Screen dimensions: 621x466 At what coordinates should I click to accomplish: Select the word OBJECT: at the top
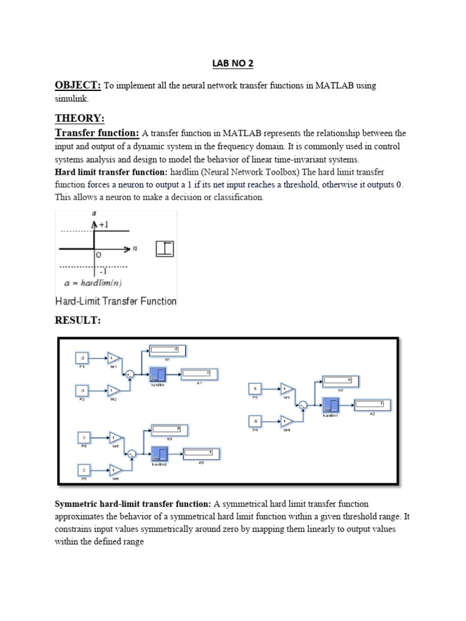pos(78,86)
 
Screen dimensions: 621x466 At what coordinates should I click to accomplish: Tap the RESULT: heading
pos(78,320)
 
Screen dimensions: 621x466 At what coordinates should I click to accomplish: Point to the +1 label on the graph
pos(103,224)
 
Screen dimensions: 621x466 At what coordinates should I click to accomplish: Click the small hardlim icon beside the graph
pos(164,248)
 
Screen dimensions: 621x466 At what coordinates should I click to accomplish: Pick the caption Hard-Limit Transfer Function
pos(116,301)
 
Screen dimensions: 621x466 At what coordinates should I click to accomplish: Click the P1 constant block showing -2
pos(81,358)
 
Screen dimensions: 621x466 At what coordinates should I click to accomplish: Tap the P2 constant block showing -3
pos(81,391)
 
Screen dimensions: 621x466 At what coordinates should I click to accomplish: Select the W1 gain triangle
pos(114,358)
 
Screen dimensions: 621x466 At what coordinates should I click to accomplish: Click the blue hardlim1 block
pos(331,405)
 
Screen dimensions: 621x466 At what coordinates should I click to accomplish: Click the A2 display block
pos(373,404)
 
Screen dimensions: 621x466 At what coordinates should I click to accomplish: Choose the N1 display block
pos(168,351)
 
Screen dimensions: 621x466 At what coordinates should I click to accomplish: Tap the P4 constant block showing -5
pos(255,420)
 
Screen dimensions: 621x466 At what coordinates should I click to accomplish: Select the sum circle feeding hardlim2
pos(131,453)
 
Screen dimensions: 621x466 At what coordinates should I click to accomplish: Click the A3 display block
pos(201,453)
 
